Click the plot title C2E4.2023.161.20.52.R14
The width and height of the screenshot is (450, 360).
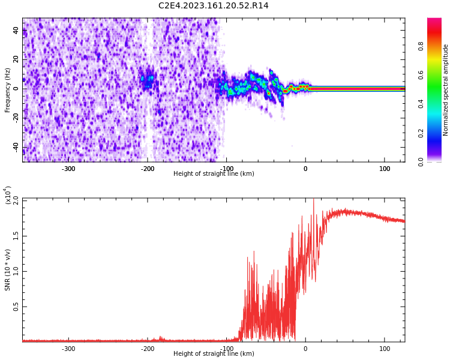213,6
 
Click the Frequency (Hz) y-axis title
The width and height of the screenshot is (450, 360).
8,90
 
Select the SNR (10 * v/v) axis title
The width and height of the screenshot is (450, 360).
8,270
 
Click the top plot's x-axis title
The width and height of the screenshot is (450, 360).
213,174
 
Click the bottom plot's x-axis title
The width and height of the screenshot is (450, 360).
213,354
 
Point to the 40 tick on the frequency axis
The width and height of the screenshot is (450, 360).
16,30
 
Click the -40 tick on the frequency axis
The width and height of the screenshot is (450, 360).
14,147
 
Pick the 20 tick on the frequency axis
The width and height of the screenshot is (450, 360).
16,59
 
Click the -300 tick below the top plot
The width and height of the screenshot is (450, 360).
68,169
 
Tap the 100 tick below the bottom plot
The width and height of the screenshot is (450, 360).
385,349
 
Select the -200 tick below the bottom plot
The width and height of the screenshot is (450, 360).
148,349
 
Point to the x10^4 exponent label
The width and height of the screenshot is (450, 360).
8,196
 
